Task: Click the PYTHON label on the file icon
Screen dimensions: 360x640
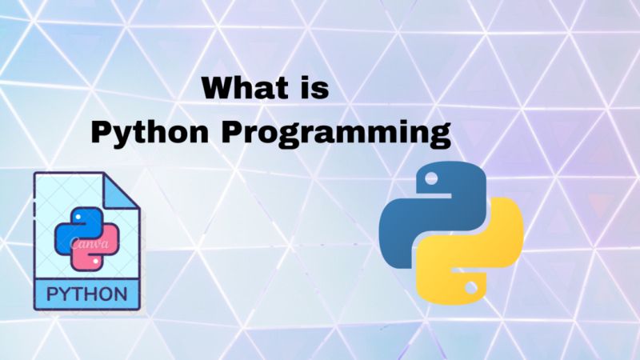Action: pyautogui.click(x=87, y=292)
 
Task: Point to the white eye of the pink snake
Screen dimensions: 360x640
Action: pyautogui.click(x=98, y=262)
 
